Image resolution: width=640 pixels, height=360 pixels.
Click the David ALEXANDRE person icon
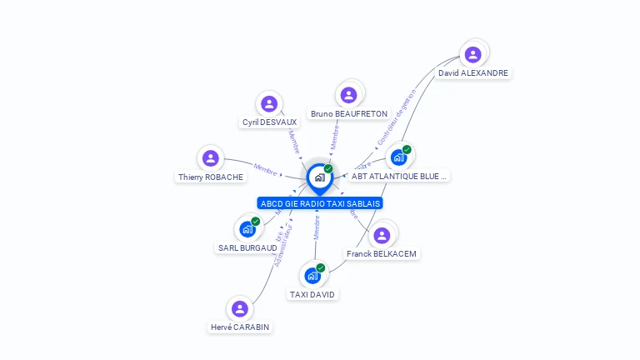point(473,55)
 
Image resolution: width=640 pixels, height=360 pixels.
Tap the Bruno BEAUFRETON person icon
point(349,95)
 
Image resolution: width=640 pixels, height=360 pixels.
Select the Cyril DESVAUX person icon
point(268,104)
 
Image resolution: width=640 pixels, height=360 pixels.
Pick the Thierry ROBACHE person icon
point(211,158)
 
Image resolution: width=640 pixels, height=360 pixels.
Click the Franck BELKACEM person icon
point(382,235)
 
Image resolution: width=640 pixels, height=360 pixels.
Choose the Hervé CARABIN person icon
point(240,309)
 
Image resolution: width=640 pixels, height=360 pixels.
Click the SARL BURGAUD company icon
point(247,228)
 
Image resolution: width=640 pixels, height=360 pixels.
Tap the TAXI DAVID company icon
point(312,276)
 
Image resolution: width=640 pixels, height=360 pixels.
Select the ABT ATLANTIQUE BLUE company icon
point(399,157)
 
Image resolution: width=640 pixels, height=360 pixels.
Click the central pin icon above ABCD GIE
point(319,177)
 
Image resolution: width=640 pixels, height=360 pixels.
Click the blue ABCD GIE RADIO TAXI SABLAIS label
point(320,203)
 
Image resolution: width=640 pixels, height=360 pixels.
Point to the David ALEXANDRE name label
point(473,73)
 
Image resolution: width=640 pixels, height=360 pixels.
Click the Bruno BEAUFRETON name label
point(349,113)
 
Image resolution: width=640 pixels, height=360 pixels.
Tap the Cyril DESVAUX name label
point(269,122)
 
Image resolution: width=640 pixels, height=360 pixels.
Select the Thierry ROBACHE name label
point(211,177)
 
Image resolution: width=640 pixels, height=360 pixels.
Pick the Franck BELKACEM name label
point(382,253)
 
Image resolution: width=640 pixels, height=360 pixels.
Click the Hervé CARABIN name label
point(240,327)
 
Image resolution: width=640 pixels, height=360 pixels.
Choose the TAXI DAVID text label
point(313,294)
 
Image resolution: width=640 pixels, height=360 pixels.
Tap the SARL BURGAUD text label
point(247,247)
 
